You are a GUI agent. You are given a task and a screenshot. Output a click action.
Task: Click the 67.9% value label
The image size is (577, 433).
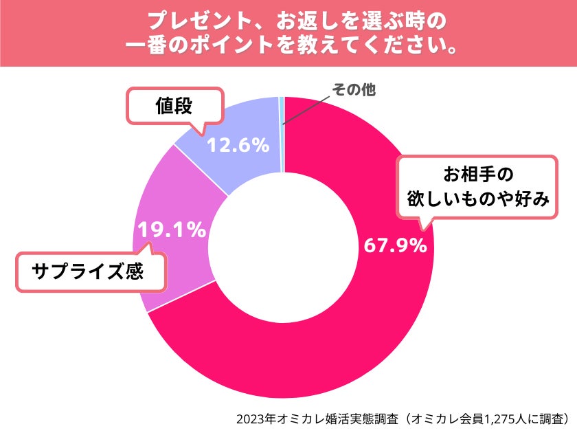coord(394,245)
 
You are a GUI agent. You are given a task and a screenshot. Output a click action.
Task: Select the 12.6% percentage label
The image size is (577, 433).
coord(238,146)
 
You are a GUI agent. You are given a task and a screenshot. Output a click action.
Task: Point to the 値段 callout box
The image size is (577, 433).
coord(176,106)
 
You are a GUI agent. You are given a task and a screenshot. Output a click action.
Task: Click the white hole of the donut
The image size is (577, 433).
coord(283,247)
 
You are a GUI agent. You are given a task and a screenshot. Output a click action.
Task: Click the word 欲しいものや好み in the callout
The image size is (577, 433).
coord(477,199)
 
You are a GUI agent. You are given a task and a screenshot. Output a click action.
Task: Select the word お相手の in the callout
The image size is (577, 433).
coord(477,172)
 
